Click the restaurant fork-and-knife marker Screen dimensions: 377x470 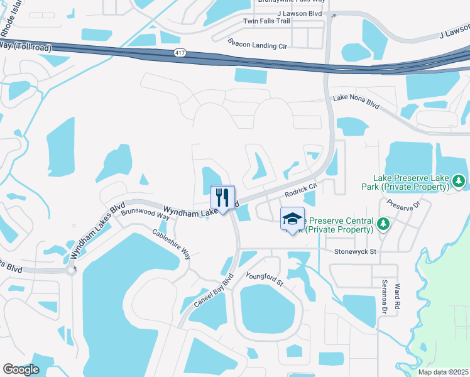click(222, 197)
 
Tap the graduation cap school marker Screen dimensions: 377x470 click(292, 219)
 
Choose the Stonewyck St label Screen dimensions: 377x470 click(355, 252)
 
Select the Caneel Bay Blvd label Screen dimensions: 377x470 click(213, 290)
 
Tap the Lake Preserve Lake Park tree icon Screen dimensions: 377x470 click(459, 182)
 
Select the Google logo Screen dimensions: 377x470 click(21, 369)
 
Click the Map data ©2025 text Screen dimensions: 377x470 click(442, 372)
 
